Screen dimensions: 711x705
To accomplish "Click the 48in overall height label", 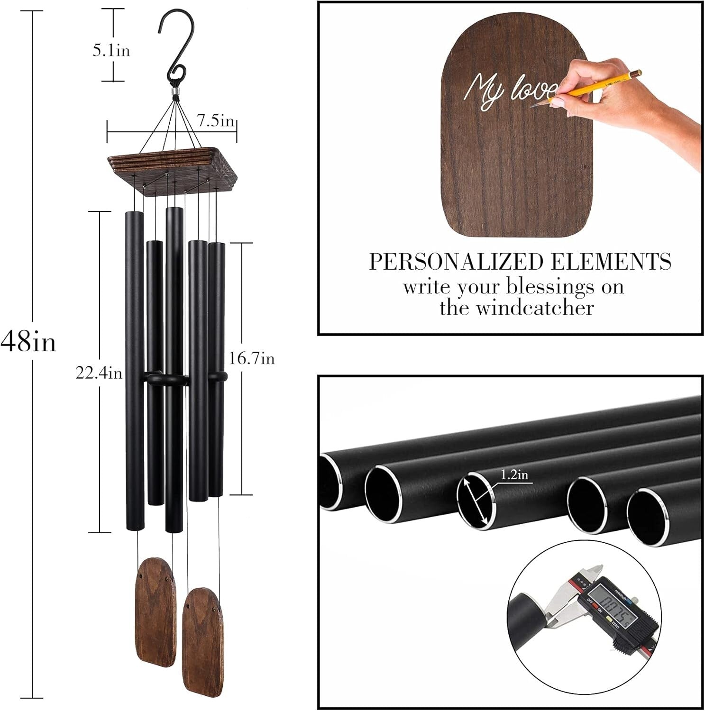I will tap(28, 340).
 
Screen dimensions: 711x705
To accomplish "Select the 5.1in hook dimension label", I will tap(111, 51).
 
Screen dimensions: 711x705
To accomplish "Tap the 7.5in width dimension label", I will tap(216, 121).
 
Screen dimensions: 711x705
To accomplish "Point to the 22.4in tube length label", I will tap(99, 374).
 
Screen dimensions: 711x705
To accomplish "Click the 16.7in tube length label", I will tap(252, 358).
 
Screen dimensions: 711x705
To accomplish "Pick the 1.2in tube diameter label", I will tap(515, 474).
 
